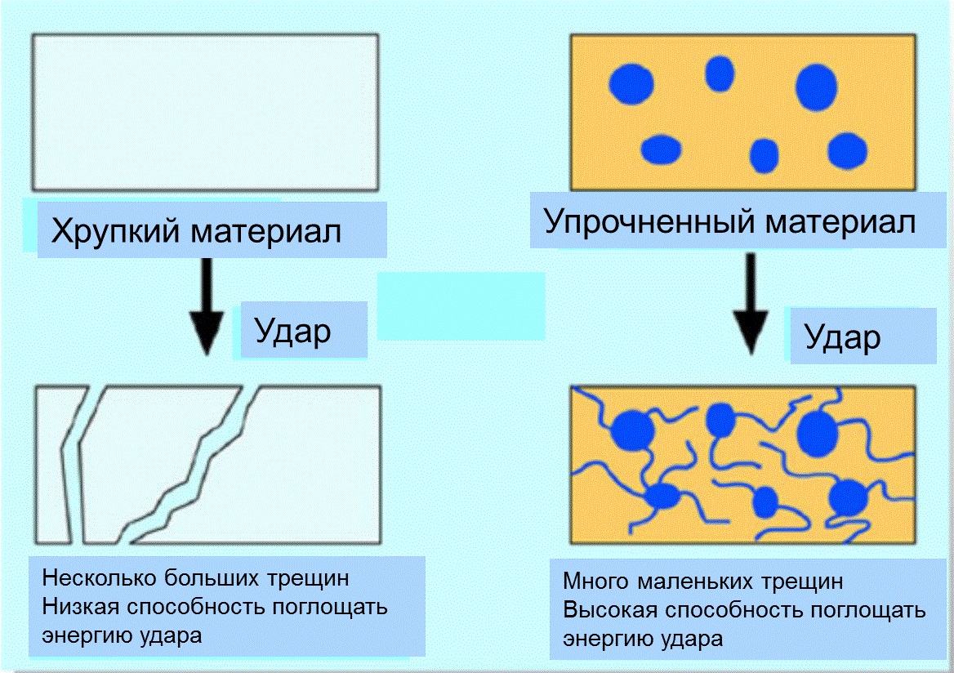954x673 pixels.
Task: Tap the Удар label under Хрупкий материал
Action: (292, 332)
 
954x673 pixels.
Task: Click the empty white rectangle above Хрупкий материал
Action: (205, 112)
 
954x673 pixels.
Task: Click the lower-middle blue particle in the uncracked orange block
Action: (765, 155)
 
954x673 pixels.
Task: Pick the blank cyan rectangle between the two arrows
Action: (461, 305)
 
